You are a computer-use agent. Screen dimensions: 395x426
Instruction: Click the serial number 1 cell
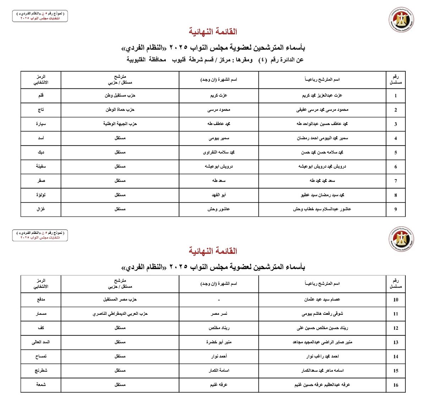(x=395, y=96)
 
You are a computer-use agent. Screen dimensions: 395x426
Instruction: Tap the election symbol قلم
(x=41, y=96)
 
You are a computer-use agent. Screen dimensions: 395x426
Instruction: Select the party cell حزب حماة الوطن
(x=120, y=110)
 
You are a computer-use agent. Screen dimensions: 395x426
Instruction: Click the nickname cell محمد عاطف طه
(x=219, y=124)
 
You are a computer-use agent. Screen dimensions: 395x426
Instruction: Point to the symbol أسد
(x=41, y=138)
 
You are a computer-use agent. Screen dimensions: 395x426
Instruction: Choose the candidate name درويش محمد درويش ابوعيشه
(x=322, y=167)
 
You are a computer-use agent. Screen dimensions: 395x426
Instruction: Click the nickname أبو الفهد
(x=219, y=195)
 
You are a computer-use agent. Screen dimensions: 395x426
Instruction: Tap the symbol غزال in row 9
(x=41, y=209)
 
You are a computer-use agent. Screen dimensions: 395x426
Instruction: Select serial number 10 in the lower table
(x=395, y=300)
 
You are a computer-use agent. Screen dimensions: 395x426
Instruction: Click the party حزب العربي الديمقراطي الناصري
(x=120, y=314)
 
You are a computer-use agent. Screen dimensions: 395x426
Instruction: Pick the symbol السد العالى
(x=41, y=342)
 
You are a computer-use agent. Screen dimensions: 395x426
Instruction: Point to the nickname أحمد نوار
(x=219, y=356)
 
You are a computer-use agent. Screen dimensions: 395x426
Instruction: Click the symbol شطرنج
(x=41, y=370)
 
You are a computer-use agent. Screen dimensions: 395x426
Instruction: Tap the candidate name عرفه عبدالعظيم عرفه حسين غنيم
(x=322, y=385)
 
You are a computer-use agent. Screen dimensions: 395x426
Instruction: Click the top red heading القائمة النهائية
(x=213, y=32)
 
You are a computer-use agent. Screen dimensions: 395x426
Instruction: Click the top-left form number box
(x=40, y=16)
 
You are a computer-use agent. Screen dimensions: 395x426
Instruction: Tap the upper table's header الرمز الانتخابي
(x=41, y=80)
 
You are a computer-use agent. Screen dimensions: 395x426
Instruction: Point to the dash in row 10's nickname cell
(x=219, y=300)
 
